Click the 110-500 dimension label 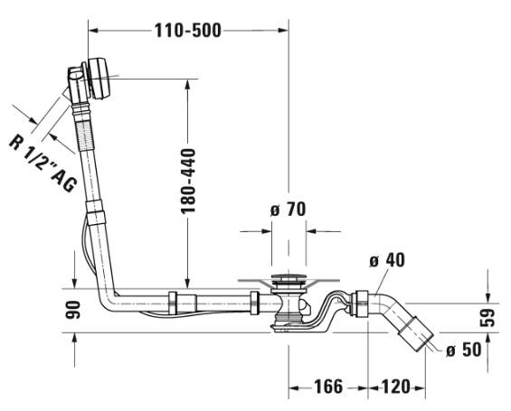pyautogui.click(x=188, y=31)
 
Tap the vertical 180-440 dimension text pyautogui.click(x=188, y=181)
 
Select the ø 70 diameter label pyautogui.click(x=289, y=210)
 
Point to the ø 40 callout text pyautogui.click(x=387, y=260)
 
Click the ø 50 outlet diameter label pyautogui.click(x=463, y=350)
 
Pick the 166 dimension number pyautogui.click(x=328, y=387)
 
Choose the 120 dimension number pyautogui.click(x=395, y=387)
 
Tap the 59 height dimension pyautogui.click(x=487, y=318)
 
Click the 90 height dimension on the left pyautogui.click(x=72, y=310)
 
